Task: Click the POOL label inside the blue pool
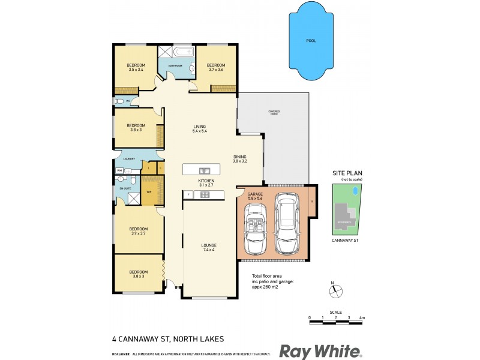click(x=310, y=41)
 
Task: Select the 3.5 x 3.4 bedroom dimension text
click(x=136, y=70)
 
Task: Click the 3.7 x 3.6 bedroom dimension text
click(x=215, y=70)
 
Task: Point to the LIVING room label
click(x=199, y=126)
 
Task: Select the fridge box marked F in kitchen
click(x=188, y=194)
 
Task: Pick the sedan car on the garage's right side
click(x=286, y=223)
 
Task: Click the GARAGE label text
click(x=256, y=194)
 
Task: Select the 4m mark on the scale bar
click(x=362, y=317)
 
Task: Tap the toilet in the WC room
click(x=120, y=102)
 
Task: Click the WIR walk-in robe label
click(x=149, y=192)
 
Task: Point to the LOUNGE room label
click(x=209, y=245)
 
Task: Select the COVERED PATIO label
click(x=274, y=112)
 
